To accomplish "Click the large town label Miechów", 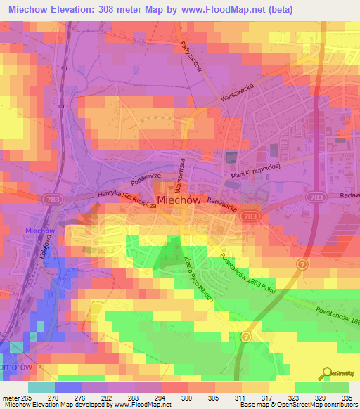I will click(179, 200).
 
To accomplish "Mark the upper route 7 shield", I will click(301, 264).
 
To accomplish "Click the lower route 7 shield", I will click(245, 337).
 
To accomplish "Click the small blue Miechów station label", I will click(40, 231).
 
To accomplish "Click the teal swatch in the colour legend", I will click(41, 387).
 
